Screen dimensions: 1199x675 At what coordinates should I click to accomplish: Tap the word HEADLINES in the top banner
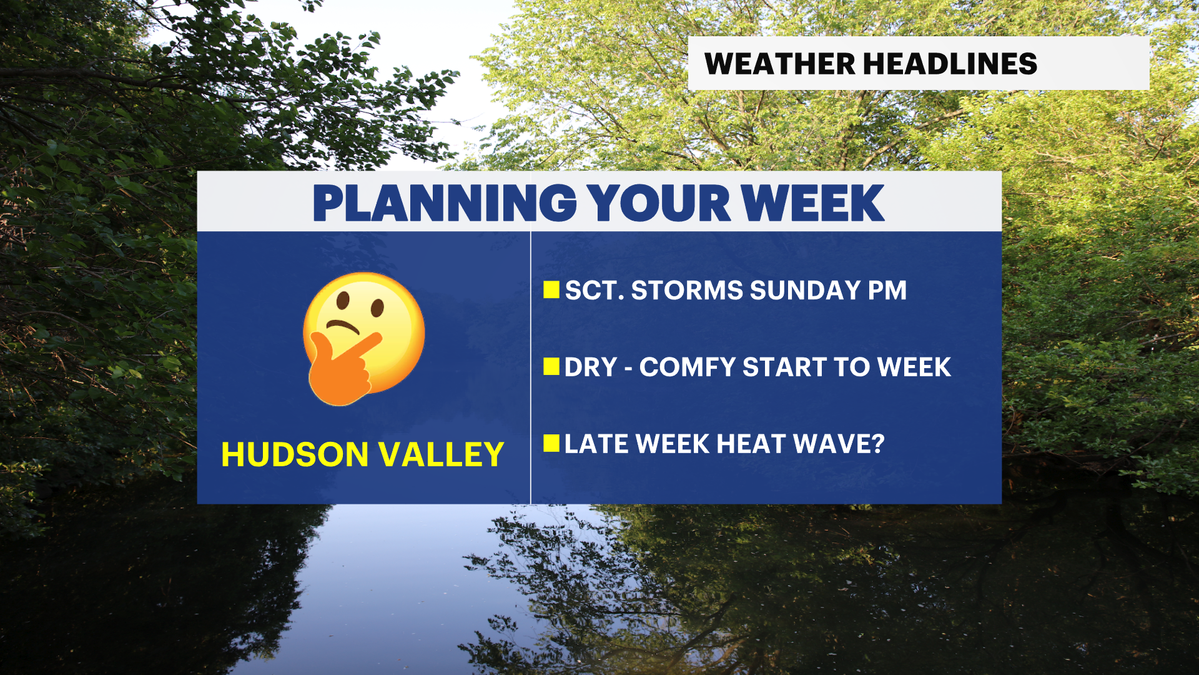pyautogui.click(x=950, y=64)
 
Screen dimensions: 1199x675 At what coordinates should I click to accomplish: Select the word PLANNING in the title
pyautogui.click(x=445, y=203)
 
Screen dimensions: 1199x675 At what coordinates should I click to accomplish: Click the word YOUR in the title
pyautogui.click(x=659, y=203)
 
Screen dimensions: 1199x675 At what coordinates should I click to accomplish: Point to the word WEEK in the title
pyautogui.click(x=812, y=203)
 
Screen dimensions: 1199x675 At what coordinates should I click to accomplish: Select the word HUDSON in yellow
pyautogui.click(x=295, y=454)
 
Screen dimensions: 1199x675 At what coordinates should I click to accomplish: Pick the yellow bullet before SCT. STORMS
pyautogui.click(x=551, y=289)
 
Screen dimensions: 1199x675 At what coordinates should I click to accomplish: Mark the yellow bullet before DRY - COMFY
pyautogui.click(x=551, y=366)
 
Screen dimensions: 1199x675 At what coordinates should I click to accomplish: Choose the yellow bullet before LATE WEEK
pyautogui.click(x=551, y=443)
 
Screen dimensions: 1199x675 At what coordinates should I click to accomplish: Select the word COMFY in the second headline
pyautogui.click(x=687, y=367)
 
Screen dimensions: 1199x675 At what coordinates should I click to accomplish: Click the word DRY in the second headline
pyautogui.click(x=591, y=367)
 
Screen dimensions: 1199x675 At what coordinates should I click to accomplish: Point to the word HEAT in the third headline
pyautogui.click(x=751, y=444)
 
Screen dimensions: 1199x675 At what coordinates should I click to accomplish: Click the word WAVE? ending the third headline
pyautogui.click(x=839, y=444)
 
